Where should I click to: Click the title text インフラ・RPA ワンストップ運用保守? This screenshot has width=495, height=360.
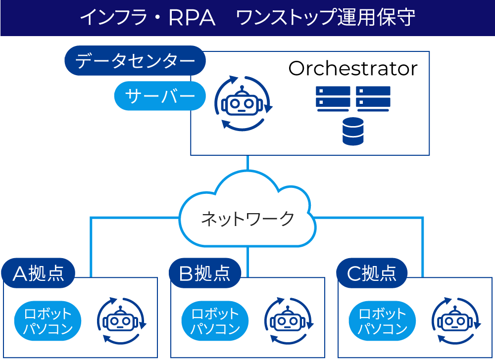click(x=247, y=18)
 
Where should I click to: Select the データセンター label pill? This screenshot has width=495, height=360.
click(x=135, y=61)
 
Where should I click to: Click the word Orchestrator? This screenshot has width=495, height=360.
click(x=352, y=69)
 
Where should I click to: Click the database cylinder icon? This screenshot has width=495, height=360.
click(x=353, y=132)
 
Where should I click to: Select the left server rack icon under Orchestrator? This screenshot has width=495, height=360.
click(x=333, y=98)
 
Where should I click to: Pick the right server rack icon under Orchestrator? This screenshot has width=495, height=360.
click(x=373, y=98)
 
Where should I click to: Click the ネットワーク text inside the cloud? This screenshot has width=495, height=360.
click(x=247, y=218)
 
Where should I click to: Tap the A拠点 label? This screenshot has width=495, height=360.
click(x=38, y=273)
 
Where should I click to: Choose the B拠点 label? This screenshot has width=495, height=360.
click(x=205, y=273)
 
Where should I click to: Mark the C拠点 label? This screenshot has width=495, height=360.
click(x=372, y=273)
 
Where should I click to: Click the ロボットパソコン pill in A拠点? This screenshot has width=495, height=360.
click(x=48, y=321)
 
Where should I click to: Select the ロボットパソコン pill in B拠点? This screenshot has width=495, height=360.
click(x=215, y=321)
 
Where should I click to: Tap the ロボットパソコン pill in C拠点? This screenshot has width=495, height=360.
click(x=382, y=321)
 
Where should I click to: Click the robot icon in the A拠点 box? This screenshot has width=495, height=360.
click(x=121, y=321)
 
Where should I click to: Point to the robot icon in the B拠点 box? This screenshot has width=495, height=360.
click(x=289, y=321)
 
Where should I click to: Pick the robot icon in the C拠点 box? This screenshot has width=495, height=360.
click(x=456, y=321)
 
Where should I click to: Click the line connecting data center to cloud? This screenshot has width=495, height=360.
click(x=247, y=163)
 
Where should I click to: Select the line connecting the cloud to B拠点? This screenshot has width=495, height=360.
click(x=247, y=261)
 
